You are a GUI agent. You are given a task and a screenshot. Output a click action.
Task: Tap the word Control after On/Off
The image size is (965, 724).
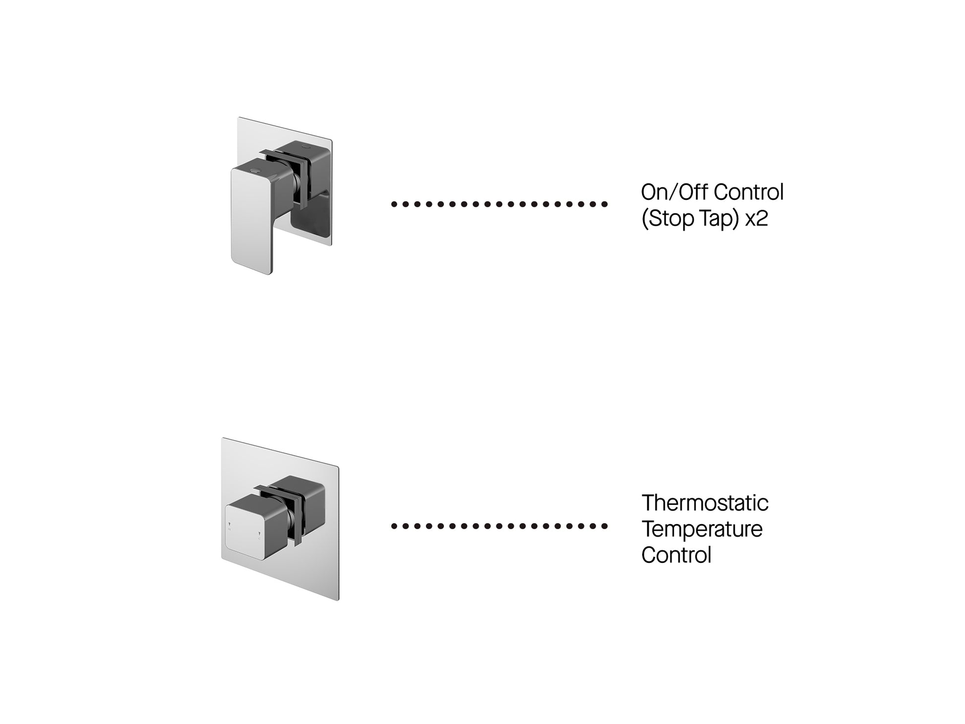pyautogui.click(x=749, y=192)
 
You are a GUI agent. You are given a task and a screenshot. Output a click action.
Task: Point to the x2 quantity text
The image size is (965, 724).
pyautogui.click(x=757, y=219)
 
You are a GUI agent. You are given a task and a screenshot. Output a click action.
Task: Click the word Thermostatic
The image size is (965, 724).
pyautogui.click(x=705, y=503)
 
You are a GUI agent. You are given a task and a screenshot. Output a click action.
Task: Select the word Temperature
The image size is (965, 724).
pyautogui.click(x=702, y=529)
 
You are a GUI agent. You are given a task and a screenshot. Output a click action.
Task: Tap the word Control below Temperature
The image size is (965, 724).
pyautogui.click(x=676, y=555)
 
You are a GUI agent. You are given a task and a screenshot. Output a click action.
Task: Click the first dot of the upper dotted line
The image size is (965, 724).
pyautogui.click(x=394, y=204)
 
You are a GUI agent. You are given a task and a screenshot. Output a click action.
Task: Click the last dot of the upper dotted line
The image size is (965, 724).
pyautogui.click(x=604, y=204)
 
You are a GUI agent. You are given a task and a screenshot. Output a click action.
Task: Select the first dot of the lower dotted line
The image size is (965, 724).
pyautogui.click(x=394, y=526)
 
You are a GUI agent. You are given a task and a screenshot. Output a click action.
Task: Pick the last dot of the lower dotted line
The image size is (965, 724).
pyautogui.click(x=604, y=526)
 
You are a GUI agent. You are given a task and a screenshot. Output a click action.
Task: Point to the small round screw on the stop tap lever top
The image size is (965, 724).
pyautogui.click(x=255, y=170)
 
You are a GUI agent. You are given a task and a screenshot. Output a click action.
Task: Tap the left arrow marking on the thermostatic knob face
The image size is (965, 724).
pyautogui.click(x=229, y=524)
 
